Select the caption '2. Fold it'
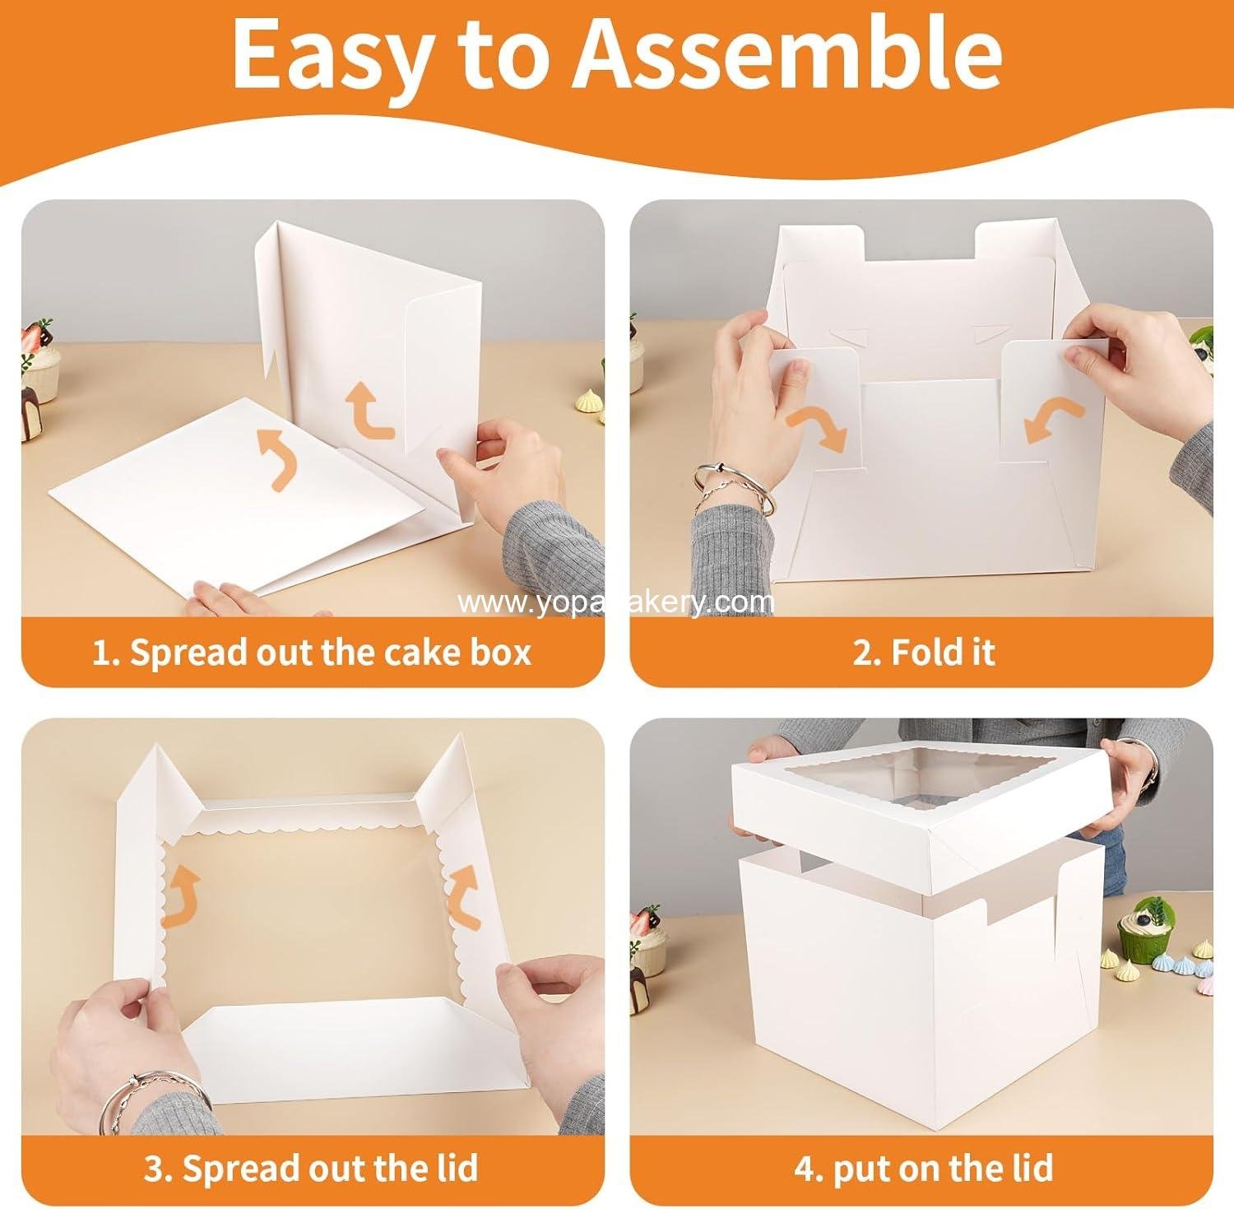pyautogui.click(x=924, y=653)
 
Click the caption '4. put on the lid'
pyautogui.click(x=923, y=1168)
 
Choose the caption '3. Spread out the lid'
pyautogui.click(x=311, y=1168)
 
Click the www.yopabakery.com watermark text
pyautogui.click(x=615, y=603)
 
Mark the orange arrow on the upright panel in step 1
pyautogui.click(x=370, y=412)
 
